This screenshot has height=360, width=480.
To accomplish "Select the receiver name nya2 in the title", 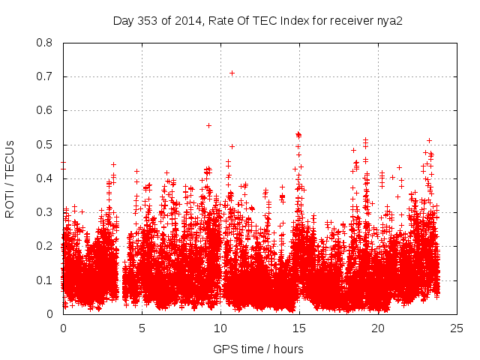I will [x=388, y=21].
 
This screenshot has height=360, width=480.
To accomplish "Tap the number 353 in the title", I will [x=147, y=21].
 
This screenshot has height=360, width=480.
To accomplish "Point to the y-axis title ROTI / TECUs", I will [x=10, y=178].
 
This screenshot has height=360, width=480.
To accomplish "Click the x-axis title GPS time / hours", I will [x=258, y=349].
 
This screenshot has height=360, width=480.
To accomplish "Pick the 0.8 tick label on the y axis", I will [x=44, y=43].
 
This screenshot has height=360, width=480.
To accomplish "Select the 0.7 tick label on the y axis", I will [x=44, y=76].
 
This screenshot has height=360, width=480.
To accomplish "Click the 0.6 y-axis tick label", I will [x=44, y=110].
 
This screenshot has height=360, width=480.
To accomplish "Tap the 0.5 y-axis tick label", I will [x=44, y=145].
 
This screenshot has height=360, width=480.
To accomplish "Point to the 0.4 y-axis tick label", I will [x=44, y=178].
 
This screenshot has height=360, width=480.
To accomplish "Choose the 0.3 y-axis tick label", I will [x=44, y=212].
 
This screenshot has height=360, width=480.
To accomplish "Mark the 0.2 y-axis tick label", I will [x=44, y=246].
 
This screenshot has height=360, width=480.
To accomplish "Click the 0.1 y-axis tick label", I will [x=44, y=280].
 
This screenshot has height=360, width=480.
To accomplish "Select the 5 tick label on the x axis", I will [x=142, y=328].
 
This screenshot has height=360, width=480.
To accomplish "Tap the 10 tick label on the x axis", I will [x=220, y=328].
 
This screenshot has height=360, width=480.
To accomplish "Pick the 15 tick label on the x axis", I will [x=299, y=328].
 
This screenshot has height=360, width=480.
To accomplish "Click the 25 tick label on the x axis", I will [x=457, y=328].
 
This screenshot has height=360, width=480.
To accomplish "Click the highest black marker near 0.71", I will [x=232, y=73].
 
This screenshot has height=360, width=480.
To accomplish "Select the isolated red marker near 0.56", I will [x=208, y=125].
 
